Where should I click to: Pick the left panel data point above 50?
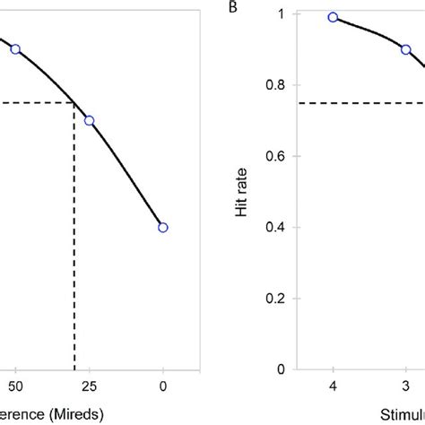click(15, 49)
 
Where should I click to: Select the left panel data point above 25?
click(89, 120)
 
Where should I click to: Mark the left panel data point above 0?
click(163, 227)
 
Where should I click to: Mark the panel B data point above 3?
click(405, 49)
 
